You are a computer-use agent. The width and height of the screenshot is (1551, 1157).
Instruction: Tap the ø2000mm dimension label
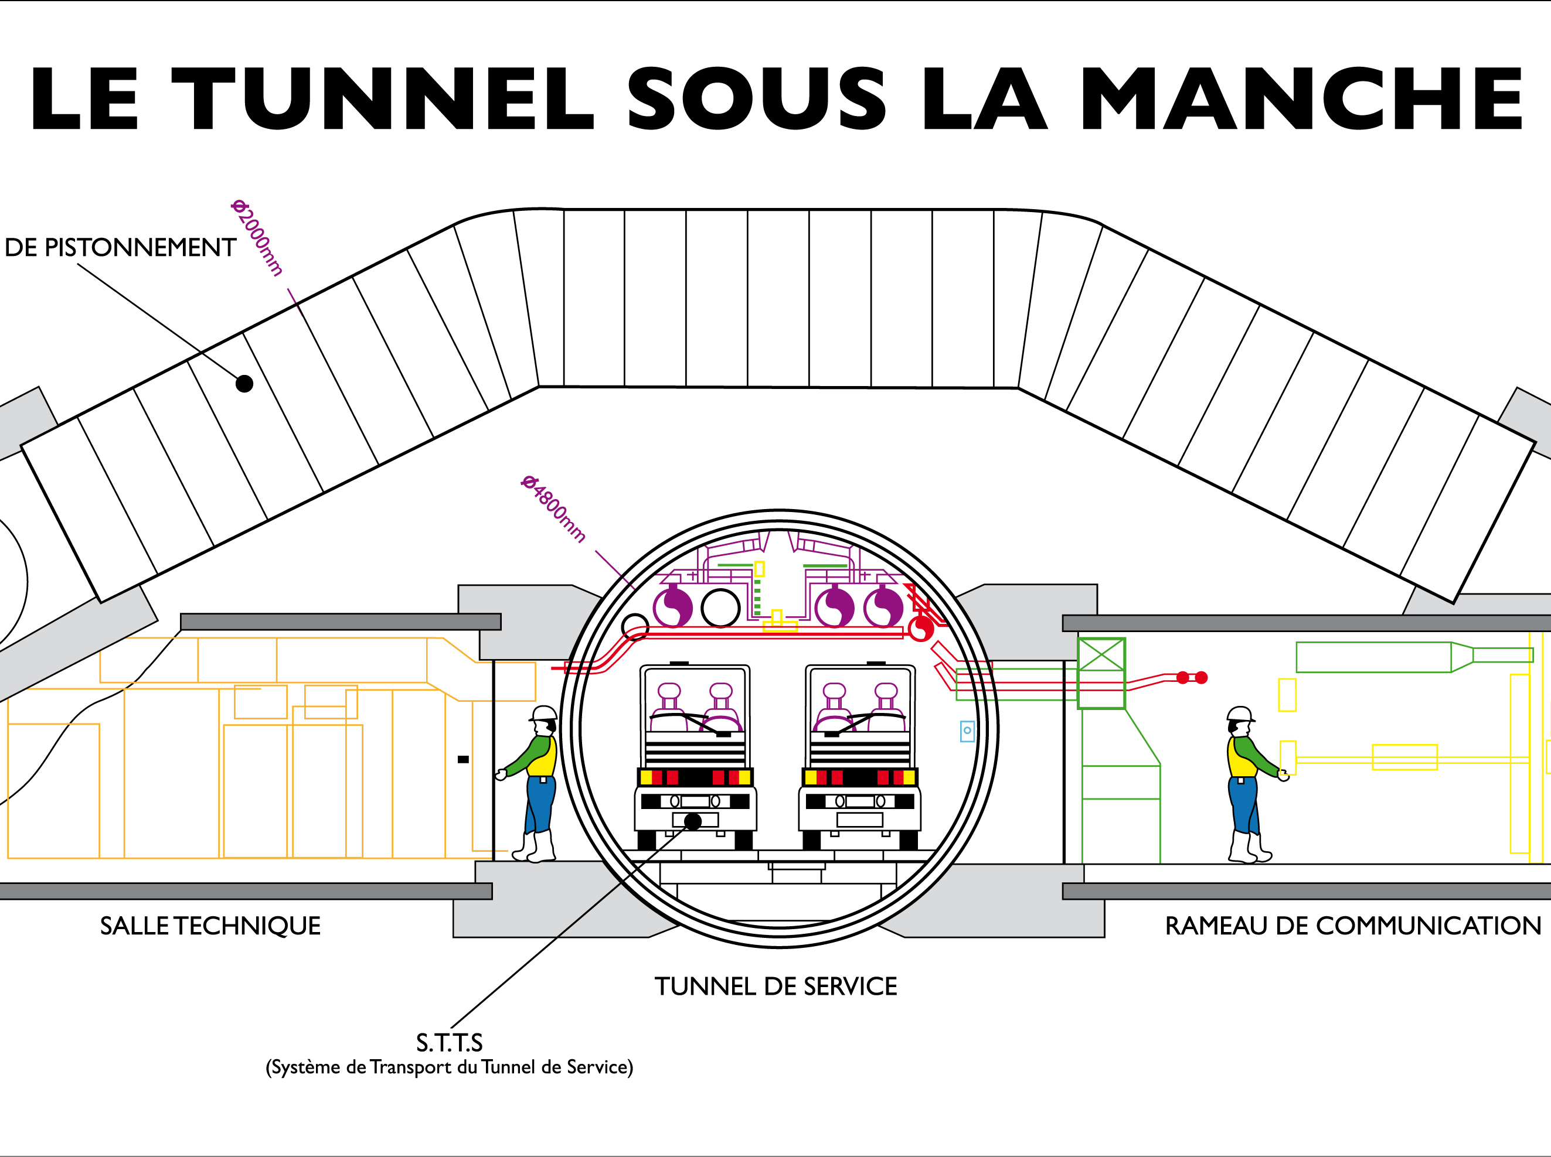[x=258, y=238]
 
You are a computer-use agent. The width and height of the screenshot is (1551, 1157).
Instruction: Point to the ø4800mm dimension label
[x=553, y=508]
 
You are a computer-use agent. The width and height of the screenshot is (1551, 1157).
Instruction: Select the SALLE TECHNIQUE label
[x=210, y=926]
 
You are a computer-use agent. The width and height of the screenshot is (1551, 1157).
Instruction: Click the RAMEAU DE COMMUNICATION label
[x=1353, y=926]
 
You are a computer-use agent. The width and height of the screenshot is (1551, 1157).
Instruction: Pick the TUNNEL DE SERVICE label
[x=776, y=986]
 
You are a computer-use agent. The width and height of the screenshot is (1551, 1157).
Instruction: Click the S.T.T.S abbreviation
[x=449, y=1043]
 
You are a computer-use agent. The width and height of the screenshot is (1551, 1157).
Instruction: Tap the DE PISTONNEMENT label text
[x=120, y=247]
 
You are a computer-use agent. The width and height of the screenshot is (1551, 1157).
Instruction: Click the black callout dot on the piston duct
[x=244, y=384]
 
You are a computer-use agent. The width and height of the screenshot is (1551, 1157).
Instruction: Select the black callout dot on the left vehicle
[x=692, y=821]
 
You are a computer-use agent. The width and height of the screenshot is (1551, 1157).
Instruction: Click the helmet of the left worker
[x=543, y=713]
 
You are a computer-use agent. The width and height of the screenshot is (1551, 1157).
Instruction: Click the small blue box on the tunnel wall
[x=967, y=731]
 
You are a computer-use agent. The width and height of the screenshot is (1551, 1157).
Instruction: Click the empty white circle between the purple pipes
[x=720, y=608]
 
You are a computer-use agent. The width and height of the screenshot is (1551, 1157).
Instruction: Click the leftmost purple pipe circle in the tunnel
[x=673, y=607]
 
